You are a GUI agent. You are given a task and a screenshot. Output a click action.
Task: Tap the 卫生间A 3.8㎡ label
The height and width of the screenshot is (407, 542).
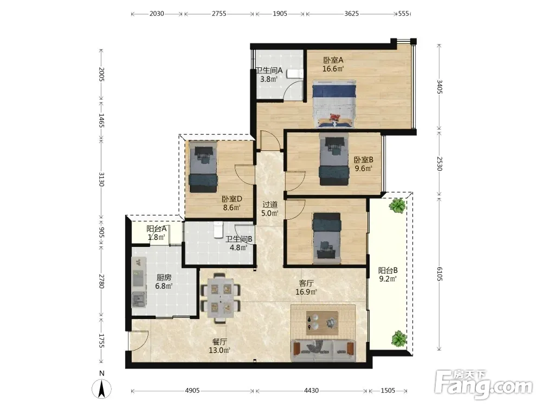(x=269, y=74)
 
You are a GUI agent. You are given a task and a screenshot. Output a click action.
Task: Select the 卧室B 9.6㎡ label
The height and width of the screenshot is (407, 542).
(x=363, y=164)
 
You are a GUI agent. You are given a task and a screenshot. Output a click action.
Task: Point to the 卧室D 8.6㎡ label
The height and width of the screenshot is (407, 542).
(x=231, y=203)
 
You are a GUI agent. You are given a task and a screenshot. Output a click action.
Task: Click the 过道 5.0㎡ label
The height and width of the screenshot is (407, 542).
(x=269, y=209)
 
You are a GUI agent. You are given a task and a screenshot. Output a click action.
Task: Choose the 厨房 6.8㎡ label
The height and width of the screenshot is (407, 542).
(x=164, y=282)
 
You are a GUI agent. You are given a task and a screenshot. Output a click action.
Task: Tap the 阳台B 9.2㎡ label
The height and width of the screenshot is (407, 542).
(x=388, y=275)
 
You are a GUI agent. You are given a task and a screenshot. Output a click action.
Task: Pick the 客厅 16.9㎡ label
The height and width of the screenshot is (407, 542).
(x=306, y=287)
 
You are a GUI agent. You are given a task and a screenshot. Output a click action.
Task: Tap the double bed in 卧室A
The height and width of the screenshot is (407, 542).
(x=334, y=104)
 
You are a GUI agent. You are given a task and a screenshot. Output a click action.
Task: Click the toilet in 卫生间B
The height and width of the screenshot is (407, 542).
(x=218, y=230)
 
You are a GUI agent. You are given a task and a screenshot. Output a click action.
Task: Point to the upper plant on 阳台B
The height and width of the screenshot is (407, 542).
(x=397, y=205)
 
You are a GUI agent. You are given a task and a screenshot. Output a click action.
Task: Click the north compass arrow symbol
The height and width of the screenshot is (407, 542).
(x=102, y=389)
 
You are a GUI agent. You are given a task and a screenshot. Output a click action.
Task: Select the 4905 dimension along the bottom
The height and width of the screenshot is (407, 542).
(x=192, y=390)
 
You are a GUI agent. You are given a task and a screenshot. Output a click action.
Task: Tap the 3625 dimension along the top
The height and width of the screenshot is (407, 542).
(x=351, y=14)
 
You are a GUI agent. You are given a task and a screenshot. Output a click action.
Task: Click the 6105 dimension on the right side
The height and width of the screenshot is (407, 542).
(x=440, y=274)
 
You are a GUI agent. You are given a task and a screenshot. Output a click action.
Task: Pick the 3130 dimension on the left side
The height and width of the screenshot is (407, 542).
(x=101, y=179)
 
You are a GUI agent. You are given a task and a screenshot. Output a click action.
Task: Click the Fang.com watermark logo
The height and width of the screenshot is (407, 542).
(x=483, y=384)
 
